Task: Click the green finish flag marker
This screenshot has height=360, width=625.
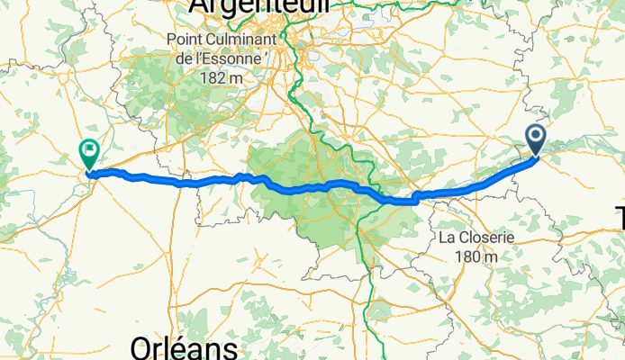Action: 90,153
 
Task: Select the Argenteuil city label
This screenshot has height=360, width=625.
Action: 258,7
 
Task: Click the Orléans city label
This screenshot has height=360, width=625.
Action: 184,347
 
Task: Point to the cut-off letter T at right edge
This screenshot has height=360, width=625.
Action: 620,218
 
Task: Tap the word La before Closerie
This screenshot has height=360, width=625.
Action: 447,238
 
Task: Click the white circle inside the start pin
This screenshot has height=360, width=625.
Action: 536,136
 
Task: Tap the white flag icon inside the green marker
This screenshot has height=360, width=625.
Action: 90,149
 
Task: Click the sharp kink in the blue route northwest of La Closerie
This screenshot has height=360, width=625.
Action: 416,198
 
